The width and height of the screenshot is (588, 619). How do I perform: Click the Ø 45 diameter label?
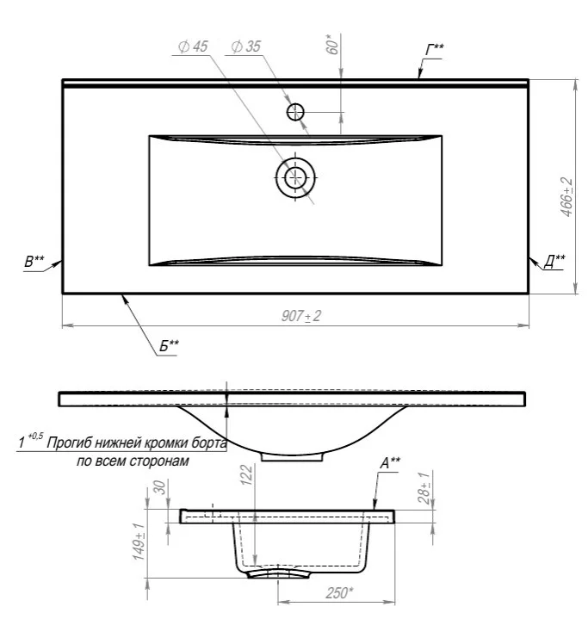click(x=193, y=46)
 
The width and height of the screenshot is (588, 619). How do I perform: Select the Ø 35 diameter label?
click(x=245, y=46)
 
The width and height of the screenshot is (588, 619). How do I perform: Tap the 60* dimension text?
click(x=333, y=44)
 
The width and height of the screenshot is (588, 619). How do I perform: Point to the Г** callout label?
click(x=435, y=50)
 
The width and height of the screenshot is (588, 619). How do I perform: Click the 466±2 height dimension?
click(x=566, y=196)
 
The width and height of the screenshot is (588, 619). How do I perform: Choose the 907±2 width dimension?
click(x=301, y=316)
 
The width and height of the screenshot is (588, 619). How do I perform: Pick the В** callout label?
click(x=34, y=262)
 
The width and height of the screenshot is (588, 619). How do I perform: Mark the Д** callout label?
click(x=554, y=261)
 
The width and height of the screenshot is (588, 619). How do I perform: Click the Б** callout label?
click(x=169, y=346)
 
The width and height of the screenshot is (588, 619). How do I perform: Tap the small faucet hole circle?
click(x=295, y=112)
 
